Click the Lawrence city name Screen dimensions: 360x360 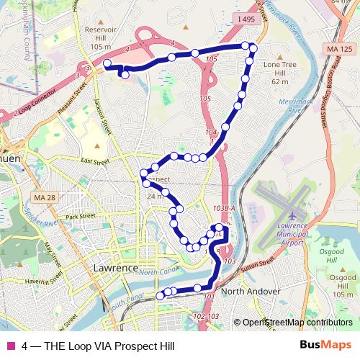click(115, 268)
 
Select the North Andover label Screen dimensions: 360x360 click(250, 291)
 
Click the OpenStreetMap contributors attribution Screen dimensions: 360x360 click(297, 323)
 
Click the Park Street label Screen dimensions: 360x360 click(81, 216)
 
